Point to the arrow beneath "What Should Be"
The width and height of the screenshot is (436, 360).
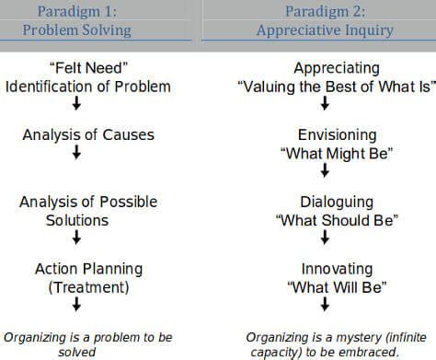[325, 238]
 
